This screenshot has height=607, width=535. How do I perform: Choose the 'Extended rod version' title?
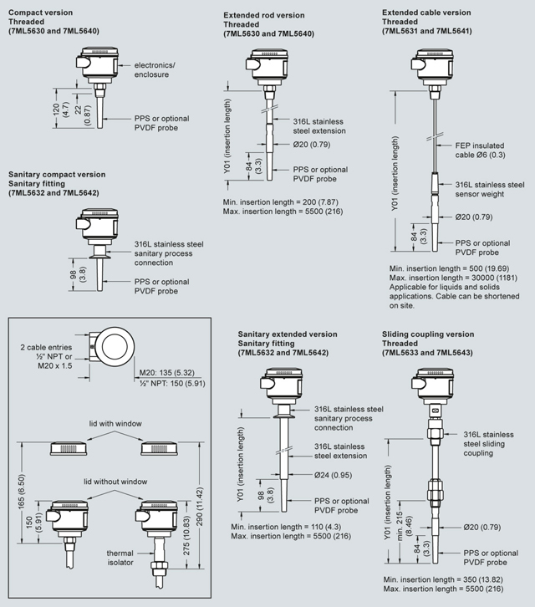pyautogui.click(x=262, y=14)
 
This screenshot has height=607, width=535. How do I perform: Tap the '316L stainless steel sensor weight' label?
pyautogui.click(x=489, y=189)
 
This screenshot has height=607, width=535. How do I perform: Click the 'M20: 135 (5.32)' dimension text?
pyautogui.click(x=168, y=370)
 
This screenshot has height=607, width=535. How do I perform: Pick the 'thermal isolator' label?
pyautogui.click(x=119, y=558)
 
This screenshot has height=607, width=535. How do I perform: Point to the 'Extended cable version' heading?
pyautogui.click(x=426, y=13)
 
